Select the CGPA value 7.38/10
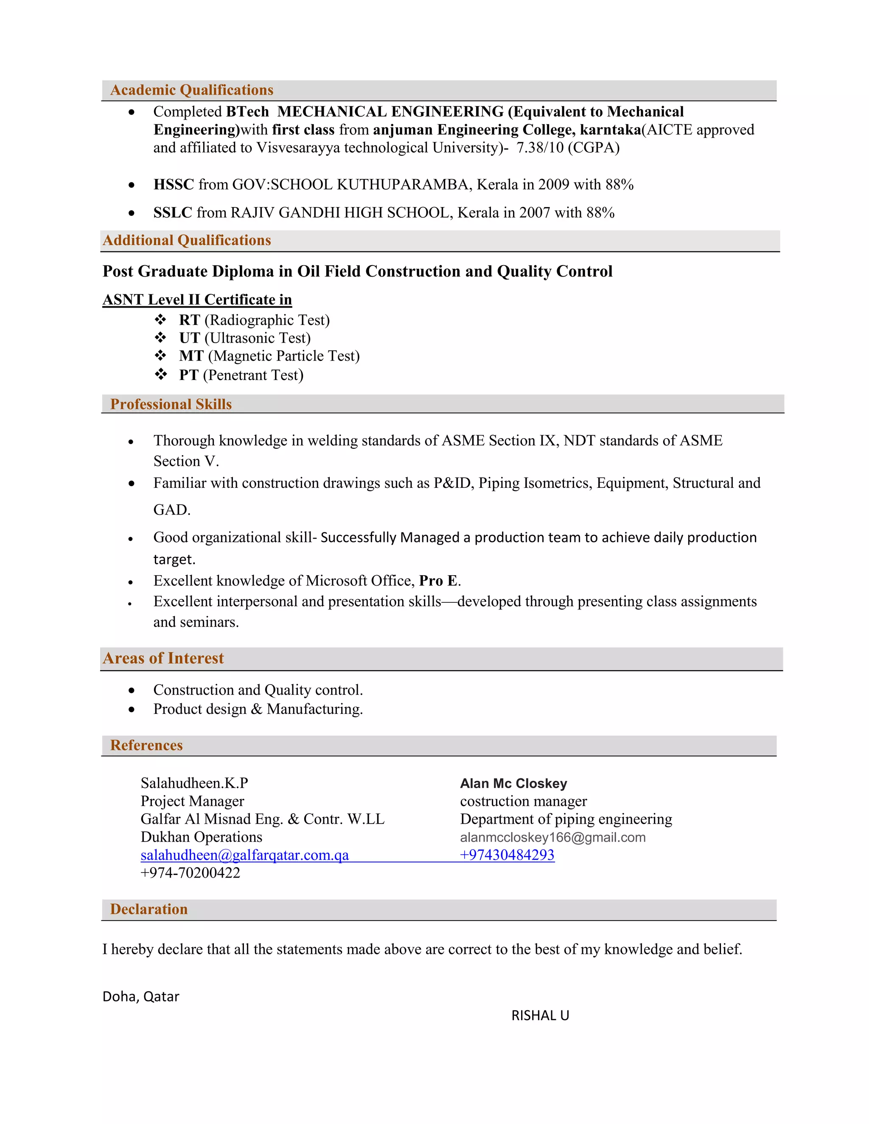coord(540,148)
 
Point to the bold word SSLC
coord(172,212)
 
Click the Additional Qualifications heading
coord(187,240)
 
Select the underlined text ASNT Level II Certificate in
coord(197,299)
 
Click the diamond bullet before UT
coord(161,338)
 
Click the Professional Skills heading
coord(171,404)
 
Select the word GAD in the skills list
coord(171,510)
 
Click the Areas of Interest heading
coord(163,658)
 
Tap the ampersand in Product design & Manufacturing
coord(256,709)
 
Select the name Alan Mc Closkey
coord(513,783)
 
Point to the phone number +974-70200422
coord(191,873)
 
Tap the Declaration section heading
coord(149,909)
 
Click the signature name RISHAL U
coord(540,1015)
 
